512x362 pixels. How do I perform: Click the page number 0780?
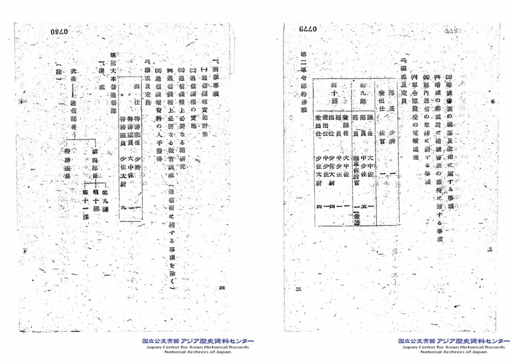tap(60, 32)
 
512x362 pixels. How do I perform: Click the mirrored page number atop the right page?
tap(307, 29)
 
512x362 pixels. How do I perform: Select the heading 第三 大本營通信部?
tap(112, 82)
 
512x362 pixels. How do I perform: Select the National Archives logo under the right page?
tap(454, 346)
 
